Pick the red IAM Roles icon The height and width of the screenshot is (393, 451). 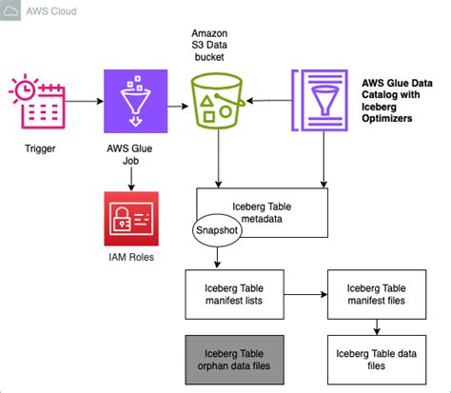[133, 221]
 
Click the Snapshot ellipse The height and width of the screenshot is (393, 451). [219, 230]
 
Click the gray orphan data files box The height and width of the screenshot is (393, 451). [234, 359]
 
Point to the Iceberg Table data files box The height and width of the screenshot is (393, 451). [377, 359]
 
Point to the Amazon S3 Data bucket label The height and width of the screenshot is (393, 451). [221, 46]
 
